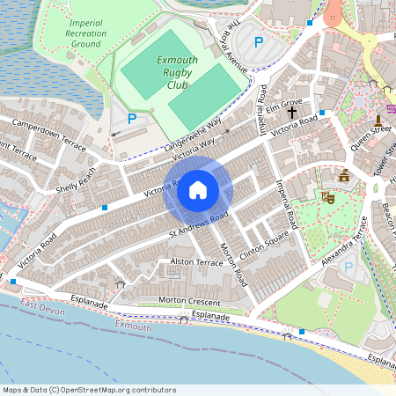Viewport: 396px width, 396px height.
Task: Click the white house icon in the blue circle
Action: (x=198, y=190)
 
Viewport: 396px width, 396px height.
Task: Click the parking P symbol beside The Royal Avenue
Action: (x=259, y=41)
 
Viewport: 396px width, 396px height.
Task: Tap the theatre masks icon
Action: (x=327, y=198)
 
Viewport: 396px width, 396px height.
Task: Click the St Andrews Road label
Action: (x=200, y=225)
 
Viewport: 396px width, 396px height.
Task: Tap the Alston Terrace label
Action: (x=197, y=262)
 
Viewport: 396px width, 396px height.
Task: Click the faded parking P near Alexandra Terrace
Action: (x=348, y=268)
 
